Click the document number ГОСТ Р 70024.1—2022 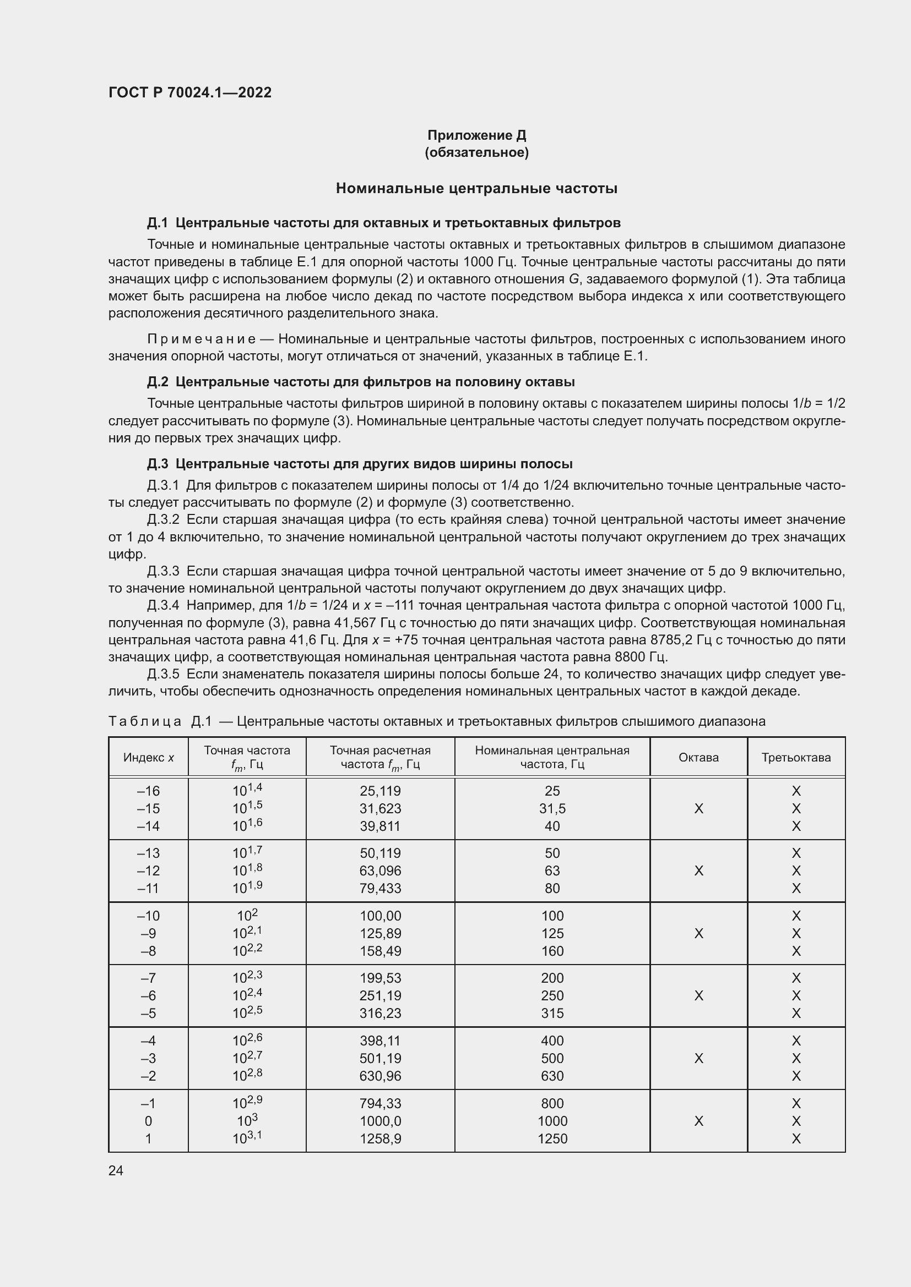189,92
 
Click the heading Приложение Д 476,135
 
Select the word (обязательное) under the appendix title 476,152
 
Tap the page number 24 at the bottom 116,1170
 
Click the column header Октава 698,757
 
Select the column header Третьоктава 795,757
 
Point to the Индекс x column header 148,757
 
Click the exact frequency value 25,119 381,791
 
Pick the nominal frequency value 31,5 552,808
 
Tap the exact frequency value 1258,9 381,1138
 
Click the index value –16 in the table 148,791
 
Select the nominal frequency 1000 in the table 552,1121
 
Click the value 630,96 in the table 381,1076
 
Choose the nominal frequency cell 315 552,1013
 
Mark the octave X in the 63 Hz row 698,870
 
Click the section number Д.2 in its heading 158,382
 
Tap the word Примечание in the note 202,339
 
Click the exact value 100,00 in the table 381,916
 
